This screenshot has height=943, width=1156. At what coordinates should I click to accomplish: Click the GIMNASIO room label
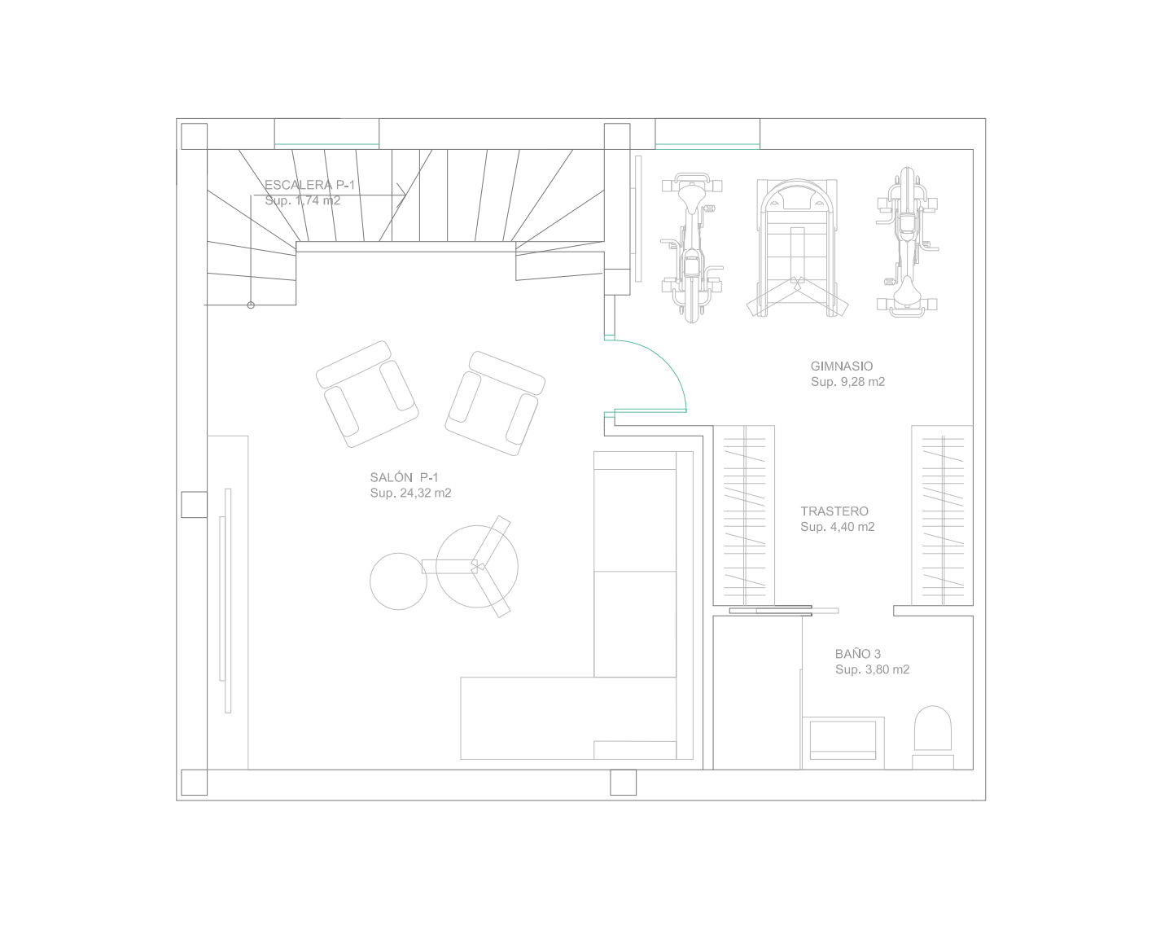(842, 366)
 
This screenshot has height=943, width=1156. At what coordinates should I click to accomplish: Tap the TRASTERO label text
(834, 511)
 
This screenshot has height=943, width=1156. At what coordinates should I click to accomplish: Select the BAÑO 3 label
(858, 654)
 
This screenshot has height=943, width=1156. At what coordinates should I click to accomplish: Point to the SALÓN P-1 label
(404, 476)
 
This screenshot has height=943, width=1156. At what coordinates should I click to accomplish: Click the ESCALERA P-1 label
(309, 185)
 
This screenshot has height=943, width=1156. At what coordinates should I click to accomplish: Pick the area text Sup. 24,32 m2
(410, 493)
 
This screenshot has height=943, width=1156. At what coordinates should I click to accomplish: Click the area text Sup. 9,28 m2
(848, 382)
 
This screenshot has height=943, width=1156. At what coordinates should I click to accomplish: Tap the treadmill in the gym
(798, 248)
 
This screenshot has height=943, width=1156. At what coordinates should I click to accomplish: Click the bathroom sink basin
(843, 740)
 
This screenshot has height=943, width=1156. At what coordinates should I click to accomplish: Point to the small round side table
(398, 581)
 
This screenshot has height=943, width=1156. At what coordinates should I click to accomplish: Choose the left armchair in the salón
(367, 393)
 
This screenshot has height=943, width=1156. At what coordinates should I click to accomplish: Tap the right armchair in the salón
(495, 403)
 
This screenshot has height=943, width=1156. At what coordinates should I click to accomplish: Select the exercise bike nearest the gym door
(692, 248)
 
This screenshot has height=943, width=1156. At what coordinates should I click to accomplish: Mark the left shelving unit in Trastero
(744, 515)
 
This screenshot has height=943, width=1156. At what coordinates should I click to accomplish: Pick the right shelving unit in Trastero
(942, 515)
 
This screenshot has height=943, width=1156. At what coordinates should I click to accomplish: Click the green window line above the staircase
(326, 144)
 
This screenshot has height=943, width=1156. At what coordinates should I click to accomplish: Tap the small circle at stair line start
(251, 305)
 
